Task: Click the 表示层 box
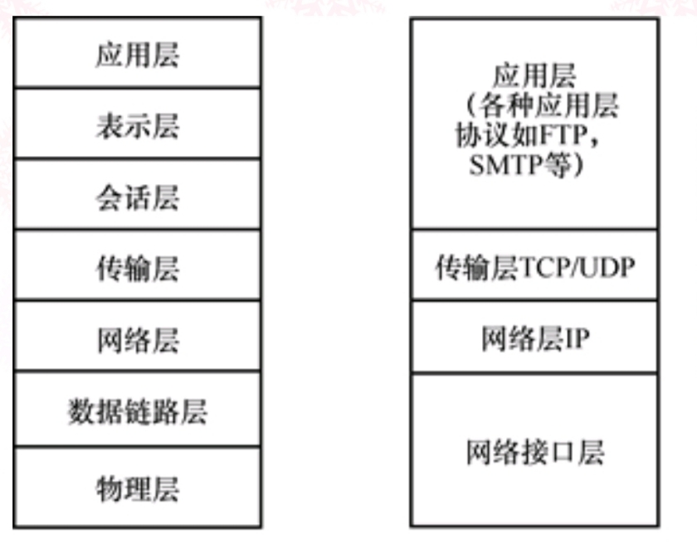[x=138, y=126]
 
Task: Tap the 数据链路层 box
[x=138, y=412]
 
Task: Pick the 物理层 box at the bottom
[x=138, y=487]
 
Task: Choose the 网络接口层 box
[x=535, y=452]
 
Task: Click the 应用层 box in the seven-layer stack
[x=138, y=55]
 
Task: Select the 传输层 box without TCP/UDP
[x=138, y=269]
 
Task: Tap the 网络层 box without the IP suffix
[x=138, y=340]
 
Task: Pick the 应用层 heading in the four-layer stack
[x=535, y=77]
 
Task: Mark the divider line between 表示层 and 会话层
[x=138, y=159]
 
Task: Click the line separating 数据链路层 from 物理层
[x=138, y=447]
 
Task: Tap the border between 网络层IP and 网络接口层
[x=535, y=374]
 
